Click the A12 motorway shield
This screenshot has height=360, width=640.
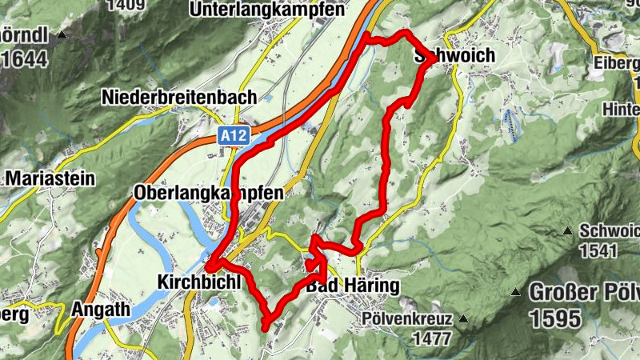pos(230,137)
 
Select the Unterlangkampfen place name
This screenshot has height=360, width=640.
pos(266,10)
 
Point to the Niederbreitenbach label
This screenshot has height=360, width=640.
pos(179,97)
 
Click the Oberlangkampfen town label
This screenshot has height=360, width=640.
pos(209,194)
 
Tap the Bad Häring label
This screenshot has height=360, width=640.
pos(341,286)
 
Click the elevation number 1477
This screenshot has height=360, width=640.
pos(433,338)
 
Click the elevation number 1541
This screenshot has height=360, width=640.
pos(600,250)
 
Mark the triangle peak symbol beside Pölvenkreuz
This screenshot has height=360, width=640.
pos(462,319)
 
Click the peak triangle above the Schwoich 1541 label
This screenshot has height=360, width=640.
pos(567,231)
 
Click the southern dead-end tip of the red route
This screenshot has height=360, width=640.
pos(265,327)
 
